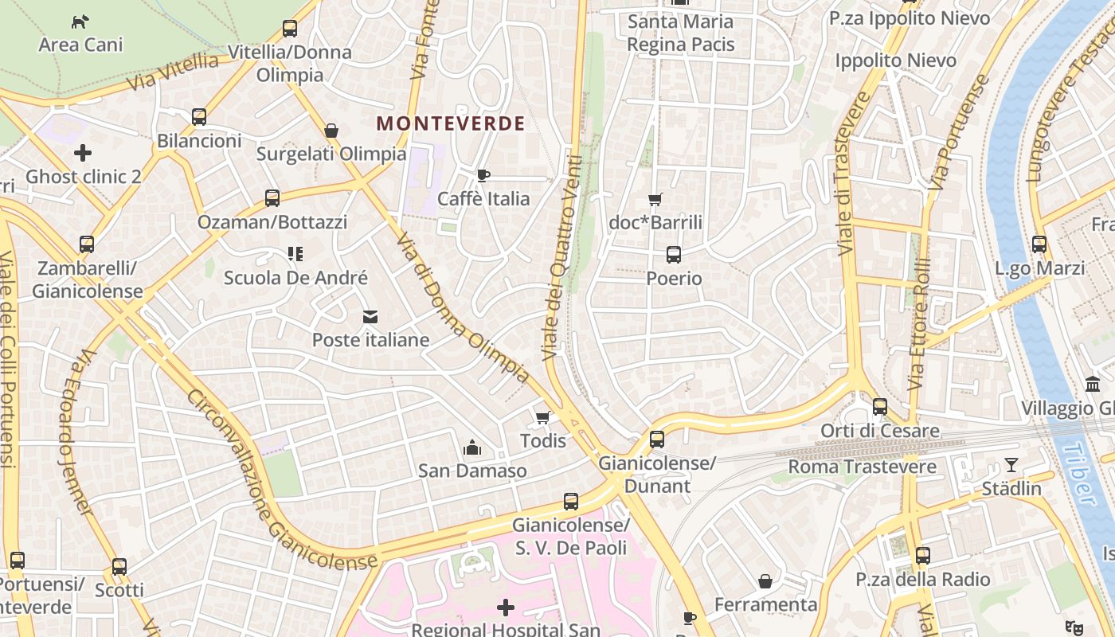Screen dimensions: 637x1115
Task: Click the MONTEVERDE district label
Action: point(451,123)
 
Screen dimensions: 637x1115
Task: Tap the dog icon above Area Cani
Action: point(80,21)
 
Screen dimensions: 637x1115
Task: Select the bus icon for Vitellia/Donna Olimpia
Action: point(290,29)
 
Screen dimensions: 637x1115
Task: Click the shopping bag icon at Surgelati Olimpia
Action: point(331,131)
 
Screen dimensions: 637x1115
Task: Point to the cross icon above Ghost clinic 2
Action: point(83,152)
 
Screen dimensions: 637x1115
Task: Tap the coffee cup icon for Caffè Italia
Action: point(483,175)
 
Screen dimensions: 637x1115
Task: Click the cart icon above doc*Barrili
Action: point(655,199)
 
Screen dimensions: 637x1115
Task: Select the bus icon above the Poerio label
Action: point(674,255)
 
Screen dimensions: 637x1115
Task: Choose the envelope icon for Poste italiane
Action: point(370,317)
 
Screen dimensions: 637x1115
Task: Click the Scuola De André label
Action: point(295,278)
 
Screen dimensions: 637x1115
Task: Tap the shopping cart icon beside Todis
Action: point(543,417)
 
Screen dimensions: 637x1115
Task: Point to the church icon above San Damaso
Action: point(472,447)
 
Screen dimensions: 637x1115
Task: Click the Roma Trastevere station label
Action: point(863,467)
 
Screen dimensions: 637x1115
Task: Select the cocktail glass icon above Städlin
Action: point(1011,465)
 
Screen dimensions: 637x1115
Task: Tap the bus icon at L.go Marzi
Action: point(1039,244)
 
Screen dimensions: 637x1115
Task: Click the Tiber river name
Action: point(1080,474)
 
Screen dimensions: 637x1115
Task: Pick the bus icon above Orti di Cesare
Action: point(880,407)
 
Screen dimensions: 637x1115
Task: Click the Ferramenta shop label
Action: point(766,605)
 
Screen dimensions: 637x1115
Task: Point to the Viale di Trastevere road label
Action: point(848,175)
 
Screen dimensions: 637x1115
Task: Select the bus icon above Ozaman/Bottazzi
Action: point(272,198)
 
